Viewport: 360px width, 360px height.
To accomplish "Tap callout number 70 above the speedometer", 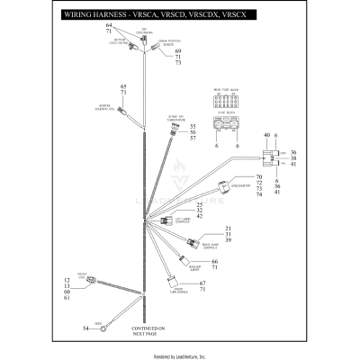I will [260, 177].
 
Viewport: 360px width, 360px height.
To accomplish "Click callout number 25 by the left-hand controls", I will [187, 205].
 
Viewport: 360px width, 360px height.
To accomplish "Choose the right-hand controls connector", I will [193, 242].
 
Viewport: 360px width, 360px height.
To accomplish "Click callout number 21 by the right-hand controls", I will [228, 229].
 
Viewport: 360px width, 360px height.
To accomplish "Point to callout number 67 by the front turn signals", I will [203, 283].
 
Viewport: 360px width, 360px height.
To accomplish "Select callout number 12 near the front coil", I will [67, 281].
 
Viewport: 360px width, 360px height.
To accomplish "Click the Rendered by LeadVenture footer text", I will [180, 355].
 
